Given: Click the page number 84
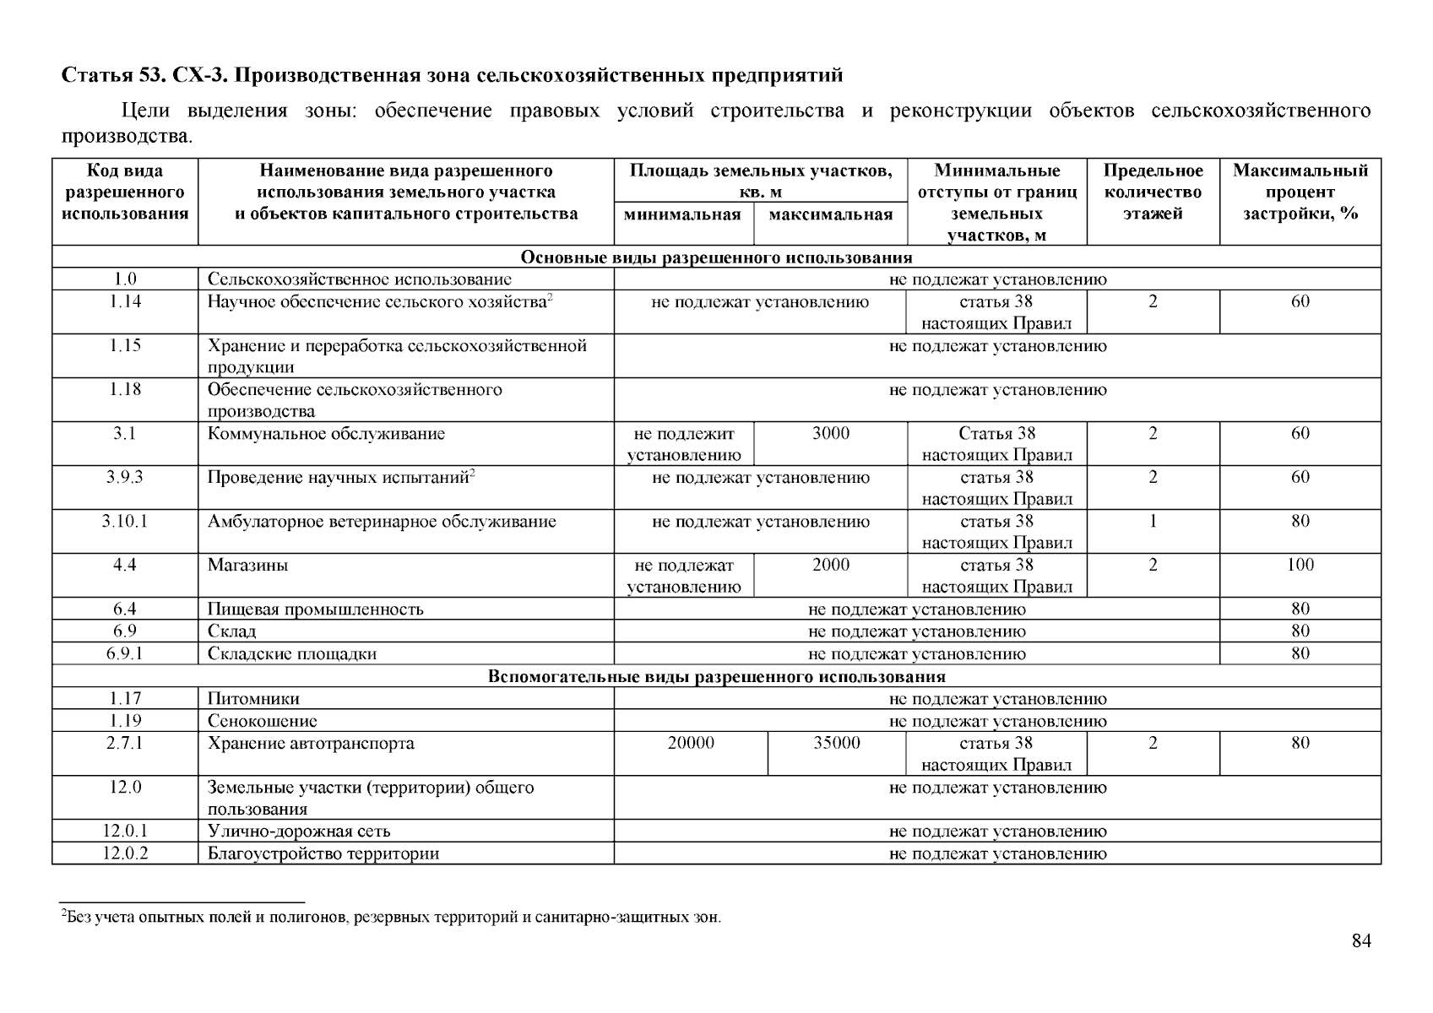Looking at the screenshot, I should tap(1360, 941).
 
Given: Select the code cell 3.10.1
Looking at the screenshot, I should tap(125, 522).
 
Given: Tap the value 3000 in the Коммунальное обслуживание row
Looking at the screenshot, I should tap(831, 434).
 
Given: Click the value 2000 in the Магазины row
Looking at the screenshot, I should tap(831, 566).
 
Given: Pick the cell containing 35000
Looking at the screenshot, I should tap(837, 743).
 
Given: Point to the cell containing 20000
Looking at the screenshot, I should tap(691, 743).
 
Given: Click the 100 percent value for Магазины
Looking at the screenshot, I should tap(1300, 566).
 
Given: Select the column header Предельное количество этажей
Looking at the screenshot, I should tap(1153, 192).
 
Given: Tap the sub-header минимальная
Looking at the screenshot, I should tap(682, 214).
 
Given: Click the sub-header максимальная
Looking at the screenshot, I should tap(831, 214).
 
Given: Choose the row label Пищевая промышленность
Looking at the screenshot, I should tap(316, 609).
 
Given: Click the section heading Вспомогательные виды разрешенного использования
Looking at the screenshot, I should tap(716, 677).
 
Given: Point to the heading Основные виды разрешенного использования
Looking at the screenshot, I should tap(716, 257).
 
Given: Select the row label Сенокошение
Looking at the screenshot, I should tap(263, 721).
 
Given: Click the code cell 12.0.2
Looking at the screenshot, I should tap(125, 853).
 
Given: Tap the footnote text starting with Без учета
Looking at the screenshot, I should tap(393, 918).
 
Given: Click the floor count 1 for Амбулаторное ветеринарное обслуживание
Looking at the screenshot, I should tap(1153, 522).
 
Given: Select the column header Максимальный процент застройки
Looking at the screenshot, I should tap(1300, 192).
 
